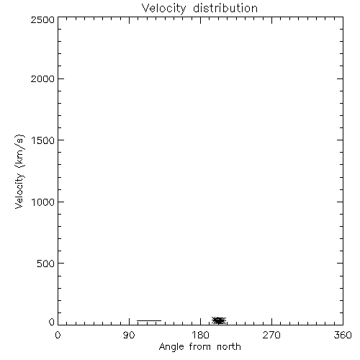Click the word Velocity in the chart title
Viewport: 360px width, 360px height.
click(x=163, y=9)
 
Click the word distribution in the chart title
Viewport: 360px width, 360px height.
click(x=225, y=8)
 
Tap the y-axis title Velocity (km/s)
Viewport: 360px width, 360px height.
click(x=19, y=171)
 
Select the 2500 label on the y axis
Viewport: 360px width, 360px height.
click(x=42, y=20)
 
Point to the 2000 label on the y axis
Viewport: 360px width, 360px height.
click(x=42, y=79)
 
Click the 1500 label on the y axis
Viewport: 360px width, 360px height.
click(x=43, y=140)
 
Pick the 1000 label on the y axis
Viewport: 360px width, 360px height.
click(x=43, y=202)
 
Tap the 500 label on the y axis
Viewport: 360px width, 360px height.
click(x=46, y=264)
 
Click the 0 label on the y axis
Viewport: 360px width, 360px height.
click(x=52, y=322)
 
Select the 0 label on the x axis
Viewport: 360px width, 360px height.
click(x=58, y=335)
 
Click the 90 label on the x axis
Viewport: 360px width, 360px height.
click(x=129, y=335)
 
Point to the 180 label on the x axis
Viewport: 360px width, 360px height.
click(x=200, y=335)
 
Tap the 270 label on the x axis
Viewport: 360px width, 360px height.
click(x=271, y=335)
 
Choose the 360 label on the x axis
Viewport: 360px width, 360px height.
click(x=343, y=335)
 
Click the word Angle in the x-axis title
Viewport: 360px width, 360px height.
click(x=171, y=347)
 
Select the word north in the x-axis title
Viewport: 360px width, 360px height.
click(x=229, y=347)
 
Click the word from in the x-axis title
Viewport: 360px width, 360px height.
click(x=201, y=347)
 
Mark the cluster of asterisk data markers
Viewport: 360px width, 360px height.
click(x=219, y=320)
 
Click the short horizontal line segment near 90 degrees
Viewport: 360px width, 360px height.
click(x=149, y=320)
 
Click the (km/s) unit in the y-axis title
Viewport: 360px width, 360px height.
click(x=19, y=152)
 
